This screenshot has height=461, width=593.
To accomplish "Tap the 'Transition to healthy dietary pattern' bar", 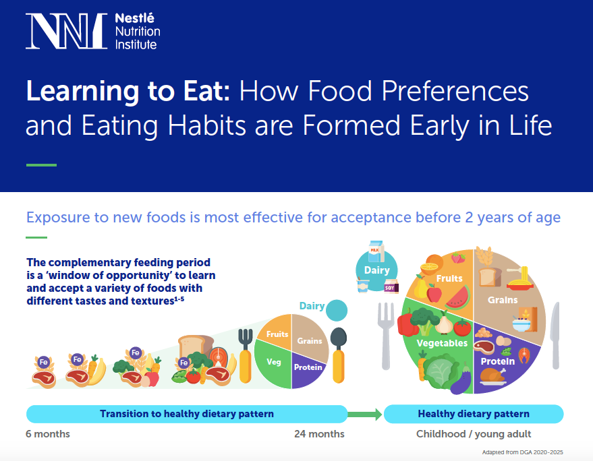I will pos(187,414).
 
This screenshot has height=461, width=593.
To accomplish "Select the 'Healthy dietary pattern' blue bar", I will pos(473,414).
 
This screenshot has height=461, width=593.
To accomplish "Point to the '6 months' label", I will pos(48,434).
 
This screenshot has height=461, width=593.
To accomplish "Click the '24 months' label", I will pos(319,434).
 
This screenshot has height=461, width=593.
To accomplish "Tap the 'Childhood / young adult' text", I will pos(474,434).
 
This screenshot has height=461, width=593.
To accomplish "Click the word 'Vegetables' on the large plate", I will pos(442,343).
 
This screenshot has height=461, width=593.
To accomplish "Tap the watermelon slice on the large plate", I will pos(457,296).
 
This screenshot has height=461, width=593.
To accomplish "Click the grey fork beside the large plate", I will pos(385,334).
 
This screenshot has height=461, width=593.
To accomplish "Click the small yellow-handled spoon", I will pos(338,354).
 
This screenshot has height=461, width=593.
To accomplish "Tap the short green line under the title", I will pos(41,165).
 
